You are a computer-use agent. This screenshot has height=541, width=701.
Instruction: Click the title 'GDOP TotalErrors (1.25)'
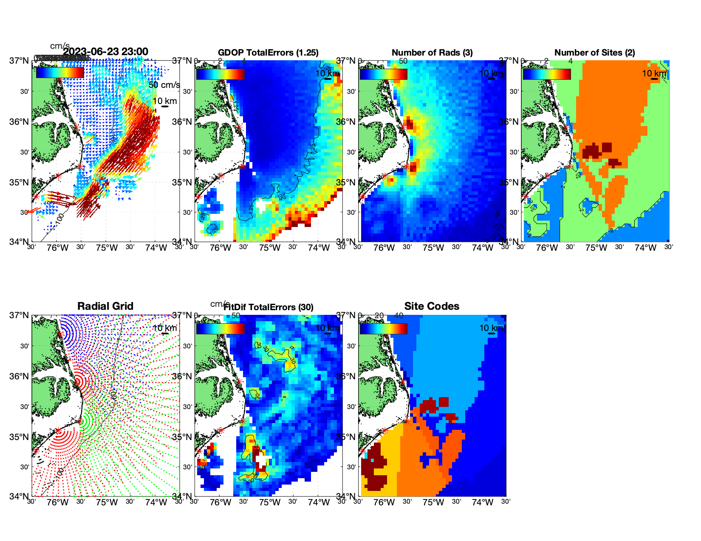tap(268, 53)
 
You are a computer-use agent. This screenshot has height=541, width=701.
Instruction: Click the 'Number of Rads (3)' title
tap(432, 53)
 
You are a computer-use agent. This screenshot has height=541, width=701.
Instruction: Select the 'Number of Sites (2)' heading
tap(594, 53)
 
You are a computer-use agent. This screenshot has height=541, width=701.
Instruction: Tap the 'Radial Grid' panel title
tap(105, 306)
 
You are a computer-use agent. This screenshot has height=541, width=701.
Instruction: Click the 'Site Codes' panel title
tap(432, 306)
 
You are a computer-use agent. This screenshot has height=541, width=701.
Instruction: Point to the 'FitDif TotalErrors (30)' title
tap(269, 307)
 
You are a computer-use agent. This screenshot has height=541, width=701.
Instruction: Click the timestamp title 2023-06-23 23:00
tap(106, 52)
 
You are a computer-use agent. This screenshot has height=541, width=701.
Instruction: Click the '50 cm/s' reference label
tap(164, 85)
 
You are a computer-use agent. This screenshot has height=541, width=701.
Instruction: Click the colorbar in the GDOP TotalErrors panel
tap(220, 74)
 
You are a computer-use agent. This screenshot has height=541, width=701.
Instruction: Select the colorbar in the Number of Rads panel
tap(383, 74)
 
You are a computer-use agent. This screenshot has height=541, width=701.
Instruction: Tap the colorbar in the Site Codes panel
tap(383, 328)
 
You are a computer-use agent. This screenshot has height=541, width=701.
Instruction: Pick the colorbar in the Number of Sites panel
tap(547, 74)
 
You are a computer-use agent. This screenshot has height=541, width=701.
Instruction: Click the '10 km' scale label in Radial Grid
tap(164, 328)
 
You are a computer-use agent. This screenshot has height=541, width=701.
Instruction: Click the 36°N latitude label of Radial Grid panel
tap(19, 376)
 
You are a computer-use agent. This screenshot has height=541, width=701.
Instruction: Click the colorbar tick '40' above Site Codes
tap(399, 316)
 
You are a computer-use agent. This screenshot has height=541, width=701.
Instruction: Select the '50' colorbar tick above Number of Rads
tap(403, 61)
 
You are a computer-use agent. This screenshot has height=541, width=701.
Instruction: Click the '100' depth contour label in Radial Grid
tap(60, 472)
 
